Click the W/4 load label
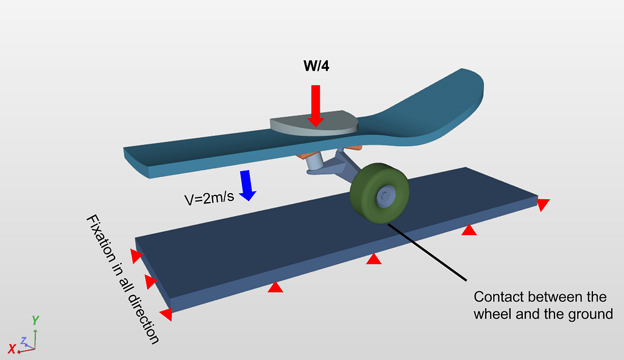[316, 66]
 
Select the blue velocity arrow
[247, 185]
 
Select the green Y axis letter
[35, 320]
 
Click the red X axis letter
[11, 348]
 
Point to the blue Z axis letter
[24, 341]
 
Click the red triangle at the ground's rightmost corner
[542, 205]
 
